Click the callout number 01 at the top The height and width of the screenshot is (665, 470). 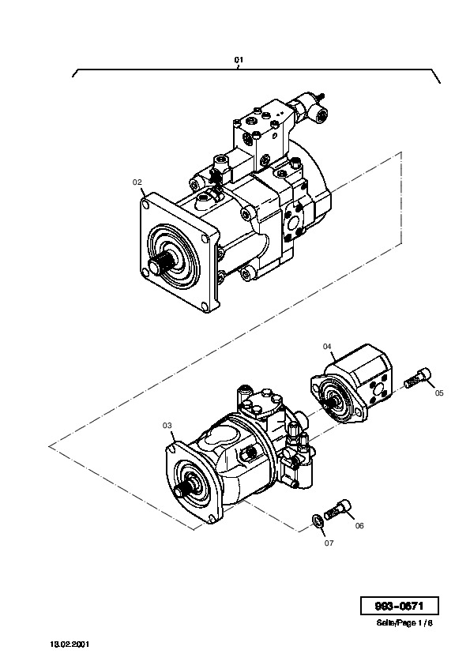(x=239, y=60)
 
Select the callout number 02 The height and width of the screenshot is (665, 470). (x=137, y=182)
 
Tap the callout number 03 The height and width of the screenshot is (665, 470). (x=167, y=425)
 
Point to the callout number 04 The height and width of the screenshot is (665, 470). (x=327, y=347)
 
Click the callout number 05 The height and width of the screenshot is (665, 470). (x=439, y=393)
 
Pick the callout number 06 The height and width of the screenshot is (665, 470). (x=359, y=526)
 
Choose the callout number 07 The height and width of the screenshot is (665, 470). (x=329, y=543)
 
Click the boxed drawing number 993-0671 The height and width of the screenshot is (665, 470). (x=399, y=606)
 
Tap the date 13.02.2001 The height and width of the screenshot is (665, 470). (x=70, y=644)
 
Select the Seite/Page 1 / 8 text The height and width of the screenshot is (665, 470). (x=404, y=623)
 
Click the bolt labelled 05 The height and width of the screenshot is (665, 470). (x=417, y=378)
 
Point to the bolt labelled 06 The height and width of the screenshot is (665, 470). (x=338, y=509)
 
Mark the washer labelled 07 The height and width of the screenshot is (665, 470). (x=317, y=520)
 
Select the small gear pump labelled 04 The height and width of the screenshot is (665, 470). (x=352, y=384)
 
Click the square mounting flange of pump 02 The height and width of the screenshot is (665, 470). (x=179, y=253)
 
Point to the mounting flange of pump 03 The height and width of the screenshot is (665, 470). (x=193, y=483)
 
